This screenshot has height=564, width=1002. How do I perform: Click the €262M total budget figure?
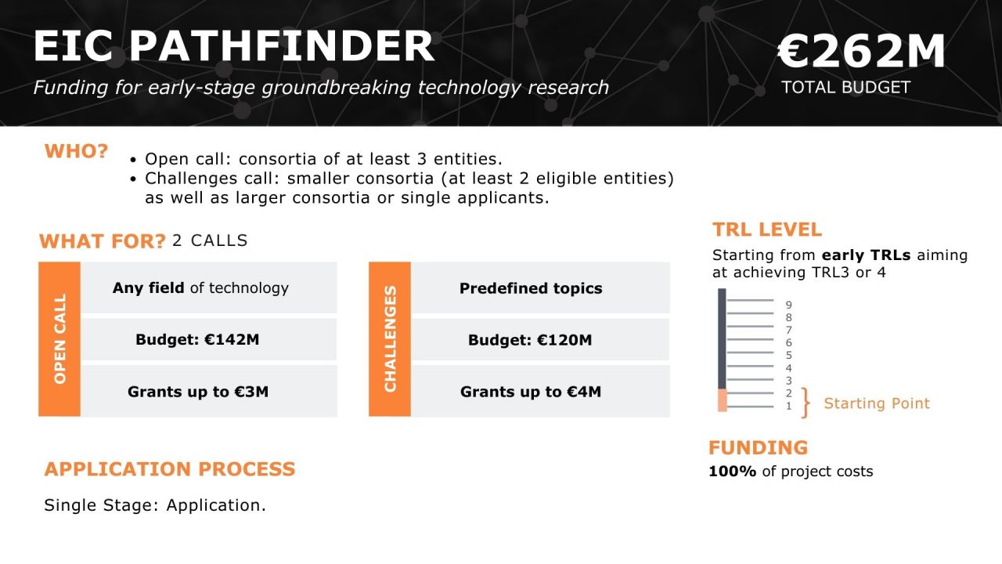(x=861, y=52)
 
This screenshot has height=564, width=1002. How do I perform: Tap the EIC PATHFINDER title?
(x=233, y=46)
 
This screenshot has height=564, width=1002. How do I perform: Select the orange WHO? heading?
(x=76, y=151)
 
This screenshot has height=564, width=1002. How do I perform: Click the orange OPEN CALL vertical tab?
(x=59, y=338)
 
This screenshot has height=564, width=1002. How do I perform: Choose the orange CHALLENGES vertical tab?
(x=390, y=338)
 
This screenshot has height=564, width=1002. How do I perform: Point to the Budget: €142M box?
(x=208, y=340)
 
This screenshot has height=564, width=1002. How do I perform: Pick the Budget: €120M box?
(x=540, y=340)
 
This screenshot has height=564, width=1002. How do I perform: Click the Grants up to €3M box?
(x=208, y=391)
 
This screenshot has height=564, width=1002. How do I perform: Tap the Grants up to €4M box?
(x=540, y=391)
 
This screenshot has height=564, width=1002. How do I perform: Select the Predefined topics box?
(x=540, y=288)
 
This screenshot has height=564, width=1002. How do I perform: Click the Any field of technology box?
(x=208, y=287)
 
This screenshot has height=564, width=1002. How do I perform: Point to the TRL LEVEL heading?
(x=766, y=230)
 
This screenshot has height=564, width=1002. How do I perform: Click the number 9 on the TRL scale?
(x=788, y=305)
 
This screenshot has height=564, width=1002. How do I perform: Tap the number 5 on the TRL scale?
(x=788, y=355)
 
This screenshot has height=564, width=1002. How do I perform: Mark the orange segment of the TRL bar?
(x=722, y=399)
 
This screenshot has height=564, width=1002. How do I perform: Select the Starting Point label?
(x=877, y=403)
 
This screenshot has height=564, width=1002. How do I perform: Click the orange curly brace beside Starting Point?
(x=806, y=403)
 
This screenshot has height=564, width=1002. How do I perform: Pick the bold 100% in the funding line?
(x=732, y=472)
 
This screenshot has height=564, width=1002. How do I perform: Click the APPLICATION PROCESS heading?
(x=170, y=469)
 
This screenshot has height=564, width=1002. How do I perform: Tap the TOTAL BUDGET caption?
(x=845, y=87)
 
